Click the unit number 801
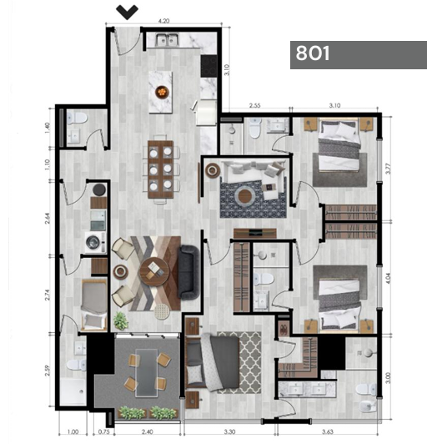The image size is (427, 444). pyautogui.click(x=313, y=53)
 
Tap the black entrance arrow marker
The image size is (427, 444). pyautogui.click(x=127, y=13)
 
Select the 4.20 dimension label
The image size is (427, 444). pyautogui.click(x=163, y=21)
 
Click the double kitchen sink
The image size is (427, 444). pyautogui.click(x=168, y=40)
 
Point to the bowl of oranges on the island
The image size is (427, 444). pyautogui.click(x=162, y=92)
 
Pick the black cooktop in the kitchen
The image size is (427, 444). pyautogui.click(x=208, y=66)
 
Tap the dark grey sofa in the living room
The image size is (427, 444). pyautogui.click(x=188, y=272)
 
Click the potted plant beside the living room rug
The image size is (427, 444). pyautogui.click(x=121, y=320)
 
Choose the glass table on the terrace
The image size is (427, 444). pyautogui.click(x=146, y=372)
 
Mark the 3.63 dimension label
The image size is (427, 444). pyautogui.click(x=327, y=431)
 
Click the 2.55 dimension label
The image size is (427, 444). pyautogui.click(x=254, y=106)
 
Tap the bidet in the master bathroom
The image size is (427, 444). pyautogui.click(x=368, y=406)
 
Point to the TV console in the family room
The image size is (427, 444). pyautogui.click(x=254, y=233)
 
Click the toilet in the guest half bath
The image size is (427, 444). pyautogui.click(x=77, y=118)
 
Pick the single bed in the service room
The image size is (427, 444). pyautogui.click(x=94, y=305)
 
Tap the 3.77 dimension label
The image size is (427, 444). pyautogui.click(x=388, y=169)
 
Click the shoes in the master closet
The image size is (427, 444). pyautogui.click(x=284, y=328)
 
